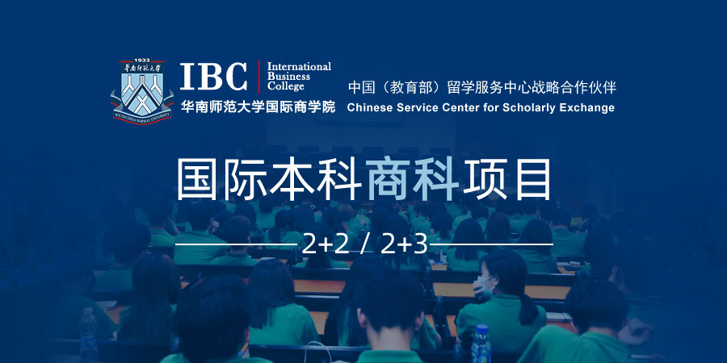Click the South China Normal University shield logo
tap(141, 90)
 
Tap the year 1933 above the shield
tap(141, 60)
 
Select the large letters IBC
tap(214, 77)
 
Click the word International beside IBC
tap(299, 66)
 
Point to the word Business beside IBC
tap(288, 77)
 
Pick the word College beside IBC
tap(286, 86)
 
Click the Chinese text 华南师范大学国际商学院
tap(258, 107)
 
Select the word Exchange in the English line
tap(586, 108)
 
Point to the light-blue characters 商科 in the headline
tap(412, 179)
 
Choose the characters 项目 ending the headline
tap(506, 179)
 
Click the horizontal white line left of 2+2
tap(237, 244)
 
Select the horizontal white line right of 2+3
tap(492, 244)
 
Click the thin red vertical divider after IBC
tap(258, 77)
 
